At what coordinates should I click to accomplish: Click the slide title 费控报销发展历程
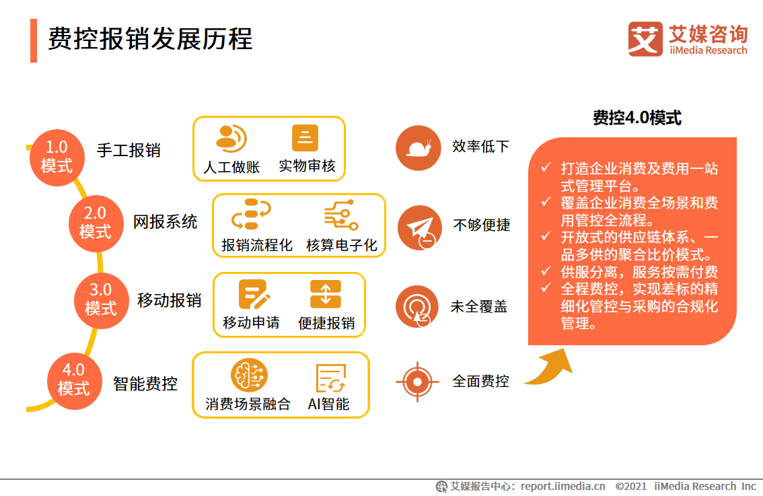pyautogui.click(x=150, y=40)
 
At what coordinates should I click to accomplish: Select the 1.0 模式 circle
pyautogui.click(x=57, y=156)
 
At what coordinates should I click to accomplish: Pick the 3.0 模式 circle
pyautogui.click(x=101, y=299)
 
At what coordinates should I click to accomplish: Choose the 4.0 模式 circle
pyautogui.click(x=73, y=379)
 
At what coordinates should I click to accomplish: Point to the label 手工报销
pyautogui.click(x=129, y=150)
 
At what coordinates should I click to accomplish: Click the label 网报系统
pyautogui.click(x=165, y=222)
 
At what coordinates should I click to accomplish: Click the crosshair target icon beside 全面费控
pyautogui.click(x=417, y=382)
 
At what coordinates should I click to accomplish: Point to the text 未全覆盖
pyautogui.click(x=478, y=307)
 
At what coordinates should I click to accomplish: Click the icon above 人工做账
pyautogui.click(x=231, y=138)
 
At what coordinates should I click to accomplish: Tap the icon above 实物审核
pyautogui.click(x=305, y=138)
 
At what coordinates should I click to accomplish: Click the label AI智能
pyautogui.click(x=328, y=404)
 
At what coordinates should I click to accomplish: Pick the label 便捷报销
pyautogui.click(x=326, y=323)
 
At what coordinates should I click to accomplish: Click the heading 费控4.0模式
pyautogui.click(x=637, y=118)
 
